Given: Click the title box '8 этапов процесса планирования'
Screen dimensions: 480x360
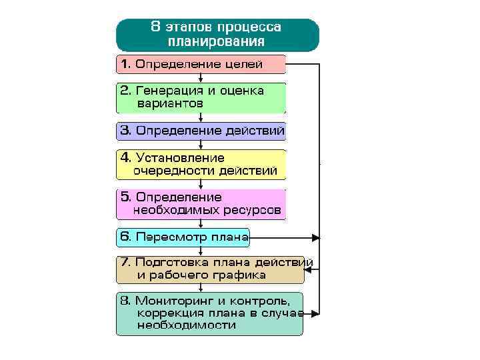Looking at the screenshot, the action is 217,34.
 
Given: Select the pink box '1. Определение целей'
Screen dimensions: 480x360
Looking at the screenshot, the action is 201,65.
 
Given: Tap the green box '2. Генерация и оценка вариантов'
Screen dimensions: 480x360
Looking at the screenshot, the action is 201,97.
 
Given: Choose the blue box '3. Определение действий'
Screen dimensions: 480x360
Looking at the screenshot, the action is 201,131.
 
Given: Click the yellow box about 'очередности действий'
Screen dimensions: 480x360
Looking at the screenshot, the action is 201,165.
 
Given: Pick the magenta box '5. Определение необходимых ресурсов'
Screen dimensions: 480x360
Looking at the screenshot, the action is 201,204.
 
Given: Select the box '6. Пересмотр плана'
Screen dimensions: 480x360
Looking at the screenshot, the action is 183,237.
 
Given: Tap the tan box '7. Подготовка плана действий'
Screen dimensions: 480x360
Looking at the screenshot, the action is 210,269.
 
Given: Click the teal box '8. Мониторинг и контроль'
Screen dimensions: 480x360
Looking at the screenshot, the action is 210,313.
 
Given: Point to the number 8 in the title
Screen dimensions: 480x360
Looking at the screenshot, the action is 155,27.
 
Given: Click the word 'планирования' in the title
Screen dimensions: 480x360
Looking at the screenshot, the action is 217,41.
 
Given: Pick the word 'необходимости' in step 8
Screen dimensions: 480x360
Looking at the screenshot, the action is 187,325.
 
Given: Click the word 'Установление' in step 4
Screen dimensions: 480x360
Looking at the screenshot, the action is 180,158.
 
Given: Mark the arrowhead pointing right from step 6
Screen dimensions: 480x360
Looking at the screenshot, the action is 316,237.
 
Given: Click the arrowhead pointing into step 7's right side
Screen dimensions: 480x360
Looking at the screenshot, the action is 317,269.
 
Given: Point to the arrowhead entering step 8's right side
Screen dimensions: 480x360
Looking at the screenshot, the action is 316,313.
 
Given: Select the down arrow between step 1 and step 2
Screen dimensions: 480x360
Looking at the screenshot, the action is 201,78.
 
